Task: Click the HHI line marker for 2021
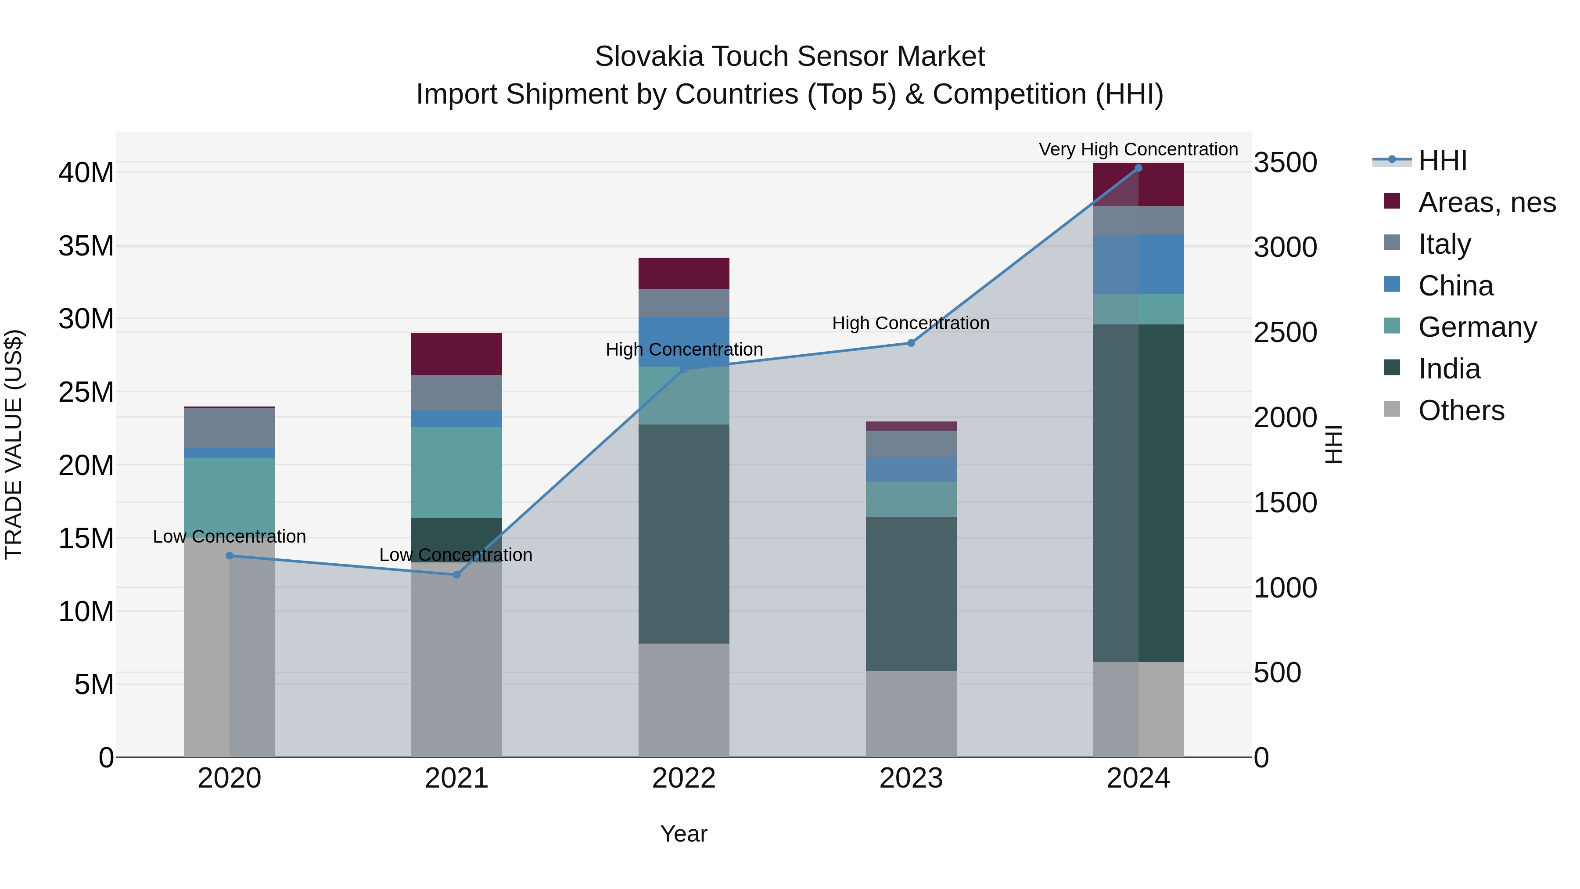pyautogui.click(x=456, y=575)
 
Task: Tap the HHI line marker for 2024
pyautogui.click(x=1138, y=168)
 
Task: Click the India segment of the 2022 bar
pyautogui.click(x=684, y=534)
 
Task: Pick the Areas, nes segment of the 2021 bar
pyautogui.click(x=456, y=353)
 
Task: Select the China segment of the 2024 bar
pyautogui.click(x=1138, y=264)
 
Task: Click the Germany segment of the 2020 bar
pyautogui.click(x=230, y=491)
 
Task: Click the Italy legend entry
pyautogui.click(x=1444, y=244)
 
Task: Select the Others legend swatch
pyautogui.click(x=1392, y=409)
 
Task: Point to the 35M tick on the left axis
pyautogui.click(x=86, y=246)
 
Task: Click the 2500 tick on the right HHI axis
pyautogui.click(x=1286, y=332)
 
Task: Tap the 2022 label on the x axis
pyautogui.click(x=684, y=778)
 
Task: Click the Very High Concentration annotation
pyautogui.click(x=1138, y=149)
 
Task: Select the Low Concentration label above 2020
pyautogui.click(x=230, y=536)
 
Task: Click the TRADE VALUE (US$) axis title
pyautogui.click(x=14, y=444)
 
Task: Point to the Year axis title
pyautogui.click(x=684, y=834)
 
